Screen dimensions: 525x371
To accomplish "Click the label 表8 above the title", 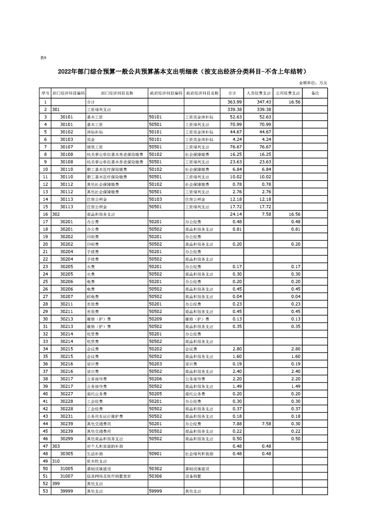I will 44,58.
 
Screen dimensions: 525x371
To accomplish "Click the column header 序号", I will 45,93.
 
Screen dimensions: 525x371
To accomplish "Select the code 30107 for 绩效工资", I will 66,147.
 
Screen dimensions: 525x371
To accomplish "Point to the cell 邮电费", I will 93,296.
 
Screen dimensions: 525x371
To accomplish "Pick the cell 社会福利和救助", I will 199,454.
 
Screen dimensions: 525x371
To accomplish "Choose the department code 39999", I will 66,491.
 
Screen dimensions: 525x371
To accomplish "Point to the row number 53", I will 45,491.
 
